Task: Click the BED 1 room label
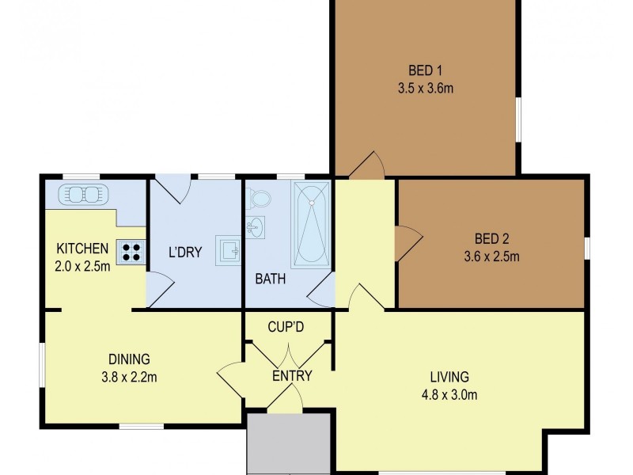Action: pos(426,68)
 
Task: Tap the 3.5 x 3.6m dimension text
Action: pos(426,88)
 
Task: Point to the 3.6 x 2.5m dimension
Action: pos(491,256)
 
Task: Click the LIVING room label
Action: pos(449,377)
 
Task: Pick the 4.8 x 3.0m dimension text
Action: pos(449,395)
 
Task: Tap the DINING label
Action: pos(128,359)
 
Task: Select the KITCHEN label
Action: pos(81,248)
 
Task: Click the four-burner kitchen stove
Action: pos(132,252)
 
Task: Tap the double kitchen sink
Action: pos(81,194)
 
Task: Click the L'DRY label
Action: pos(185,253)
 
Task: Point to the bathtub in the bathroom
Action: pos(311,224)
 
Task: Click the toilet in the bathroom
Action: pos(260,199)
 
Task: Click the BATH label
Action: pos(270,279)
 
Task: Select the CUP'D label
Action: pos(286,326)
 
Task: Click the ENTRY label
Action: pos(292,376)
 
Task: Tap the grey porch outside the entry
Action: pos(288,443)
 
